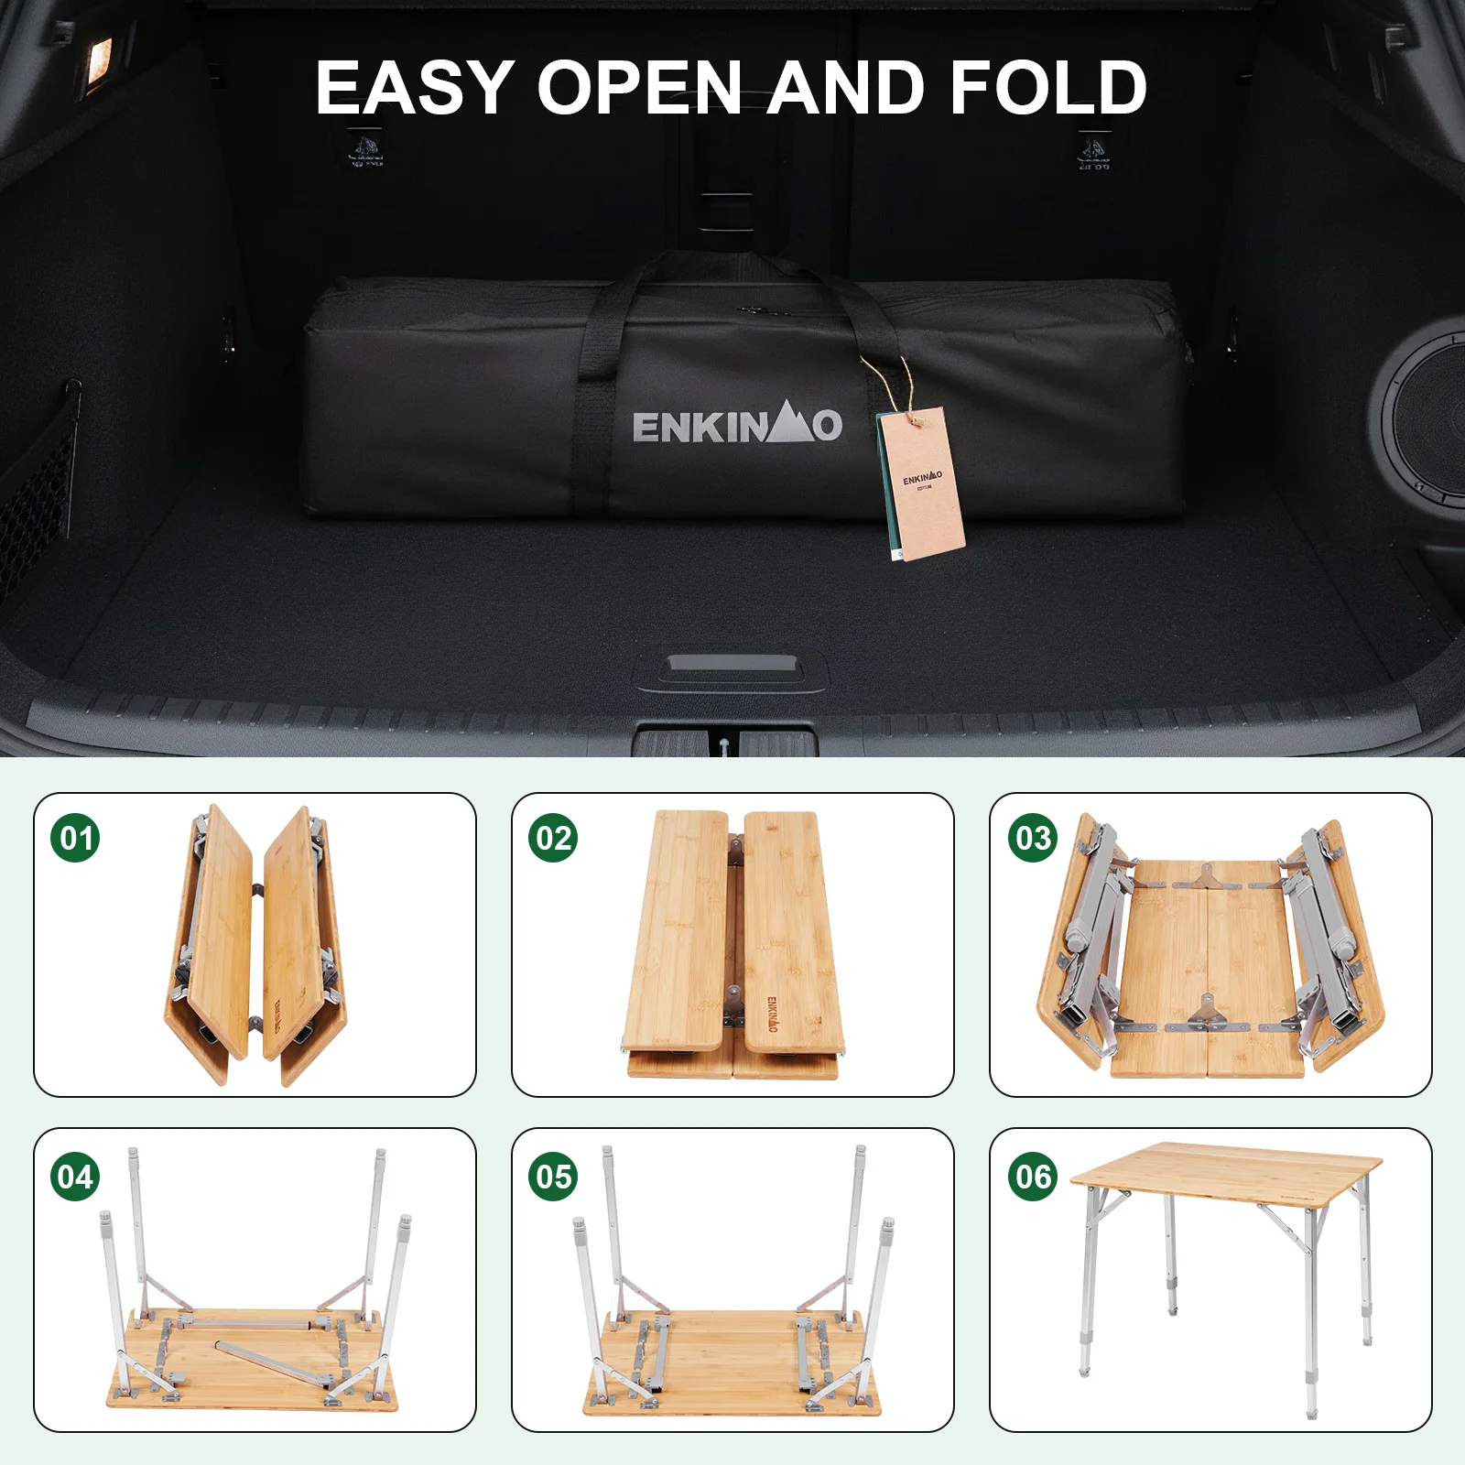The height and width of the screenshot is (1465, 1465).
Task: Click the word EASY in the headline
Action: [414, 88]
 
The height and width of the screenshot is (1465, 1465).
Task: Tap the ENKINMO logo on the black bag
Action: [737, 426]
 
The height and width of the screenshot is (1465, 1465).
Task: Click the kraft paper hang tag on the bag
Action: [922, 485]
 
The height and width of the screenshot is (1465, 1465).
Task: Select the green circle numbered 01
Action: [75, 838]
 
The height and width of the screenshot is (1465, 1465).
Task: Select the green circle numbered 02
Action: [553, 838]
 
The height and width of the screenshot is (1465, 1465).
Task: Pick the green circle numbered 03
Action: [1033, 838]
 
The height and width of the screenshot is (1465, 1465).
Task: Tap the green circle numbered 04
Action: [75, 1176]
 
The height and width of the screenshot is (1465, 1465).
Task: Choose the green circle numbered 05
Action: [553, 1176]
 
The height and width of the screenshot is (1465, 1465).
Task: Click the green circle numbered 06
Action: [1033, 1176]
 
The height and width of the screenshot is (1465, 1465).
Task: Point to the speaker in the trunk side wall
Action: [1424, 417]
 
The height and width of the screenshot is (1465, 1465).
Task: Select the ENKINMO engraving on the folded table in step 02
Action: [772, 1014]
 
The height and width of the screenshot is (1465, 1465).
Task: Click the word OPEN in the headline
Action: [638, 88]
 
